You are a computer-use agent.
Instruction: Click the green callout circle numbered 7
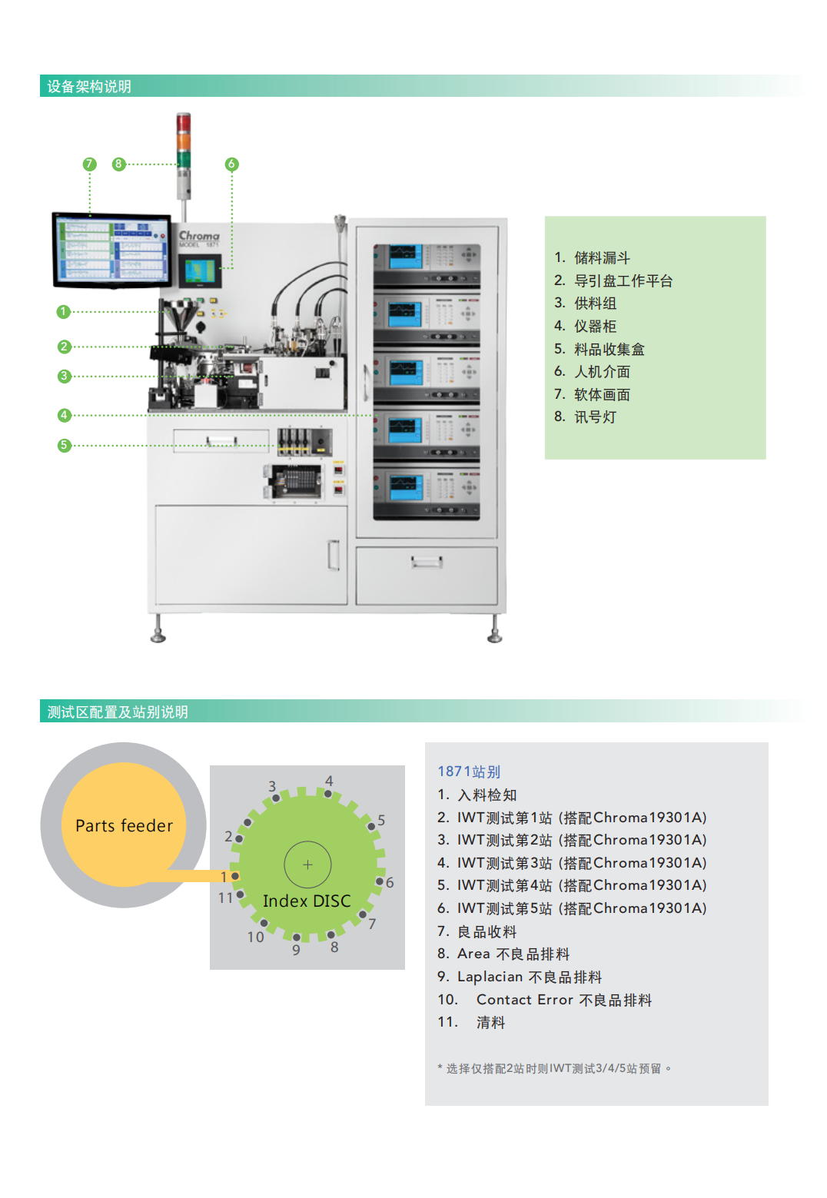pos(90,164)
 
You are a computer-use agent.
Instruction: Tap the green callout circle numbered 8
pos(118,164)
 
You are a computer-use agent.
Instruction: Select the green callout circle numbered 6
pos(231,164)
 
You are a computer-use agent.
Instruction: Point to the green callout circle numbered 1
pos(64,311)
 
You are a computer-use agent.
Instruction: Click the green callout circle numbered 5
pos(64,445)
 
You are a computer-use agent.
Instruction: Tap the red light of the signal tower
pos(184,124)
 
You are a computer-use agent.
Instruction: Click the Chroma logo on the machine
pos(199,236)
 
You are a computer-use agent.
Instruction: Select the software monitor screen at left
pos(112,248)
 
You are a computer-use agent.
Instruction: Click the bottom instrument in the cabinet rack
pos(427,492)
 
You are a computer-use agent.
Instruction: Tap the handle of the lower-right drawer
pos(427,562)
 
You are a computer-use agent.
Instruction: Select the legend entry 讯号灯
pos(595,416)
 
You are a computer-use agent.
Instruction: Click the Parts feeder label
pos(124,825)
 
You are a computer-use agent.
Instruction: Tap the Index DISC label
pos(307,901)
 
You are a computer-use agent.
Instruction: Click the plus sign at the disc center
pos(307,864)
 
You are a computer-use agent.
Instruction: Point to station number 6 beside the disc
pos(390,883)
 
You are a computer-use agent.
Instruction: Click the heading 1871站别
pos(469,772)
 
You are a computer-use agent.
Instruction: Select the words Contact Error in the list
pos(524,1000)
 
